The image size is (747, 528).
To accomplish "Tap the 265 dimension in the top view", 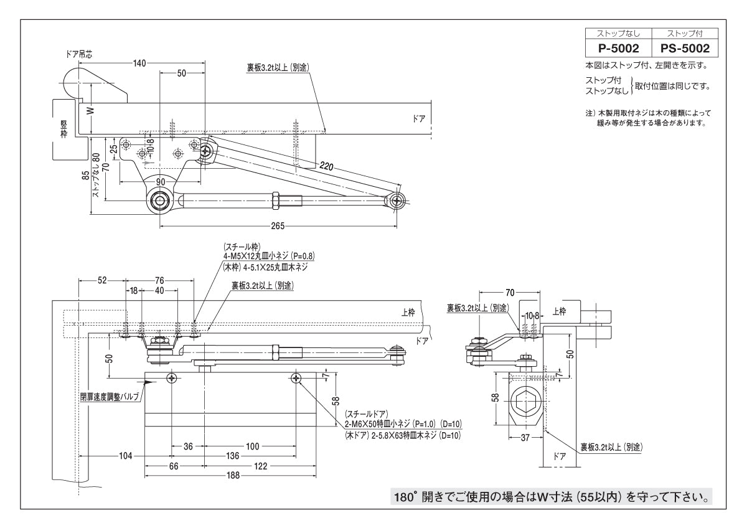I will [278, 225].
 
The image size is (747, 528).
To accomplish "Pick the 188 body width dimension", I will [233, 476].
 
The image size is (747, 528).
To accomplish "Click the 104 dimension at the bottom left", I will [126, 456].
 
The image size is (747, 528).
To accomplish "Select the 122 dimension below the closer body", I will [261, 466].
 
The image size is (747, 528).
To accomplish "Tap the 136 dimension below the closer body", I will [232, 456].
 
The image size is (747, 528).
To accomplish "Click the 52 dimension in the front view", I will [103, 280].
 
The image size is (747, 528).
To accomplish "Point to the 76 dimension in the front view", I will [160, 280].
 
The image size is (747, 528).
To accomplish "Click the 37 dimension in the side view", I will [524, 438].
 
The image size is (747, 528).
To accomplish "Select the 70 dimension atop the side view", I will [510, 291].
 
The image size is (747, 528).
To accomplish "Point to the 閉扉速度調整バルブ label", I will [108, 397].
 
